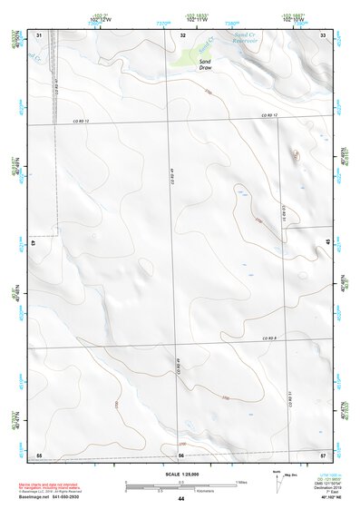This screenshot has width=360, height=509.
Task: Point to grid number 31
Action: click(39, 35)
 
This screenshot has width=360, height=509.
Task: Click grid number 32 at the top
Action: click(183, 35)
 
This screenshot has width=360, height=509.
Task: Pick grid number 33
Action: click(323, 35)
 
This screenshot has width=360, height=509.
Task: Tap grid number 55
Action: click(39, 455)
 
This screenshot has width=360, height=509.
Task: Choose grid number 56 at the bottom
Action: click(181, 455)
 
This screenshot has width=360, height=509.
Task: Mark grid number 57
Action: click(323, 455)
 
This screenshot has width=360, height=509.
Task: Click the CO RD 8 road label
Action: click(268, 338)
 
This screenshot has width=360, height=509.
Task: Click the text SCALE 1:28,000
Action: click(181, 474)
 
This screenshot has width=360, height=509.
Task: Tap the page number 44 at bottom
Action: click(181, 500)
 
